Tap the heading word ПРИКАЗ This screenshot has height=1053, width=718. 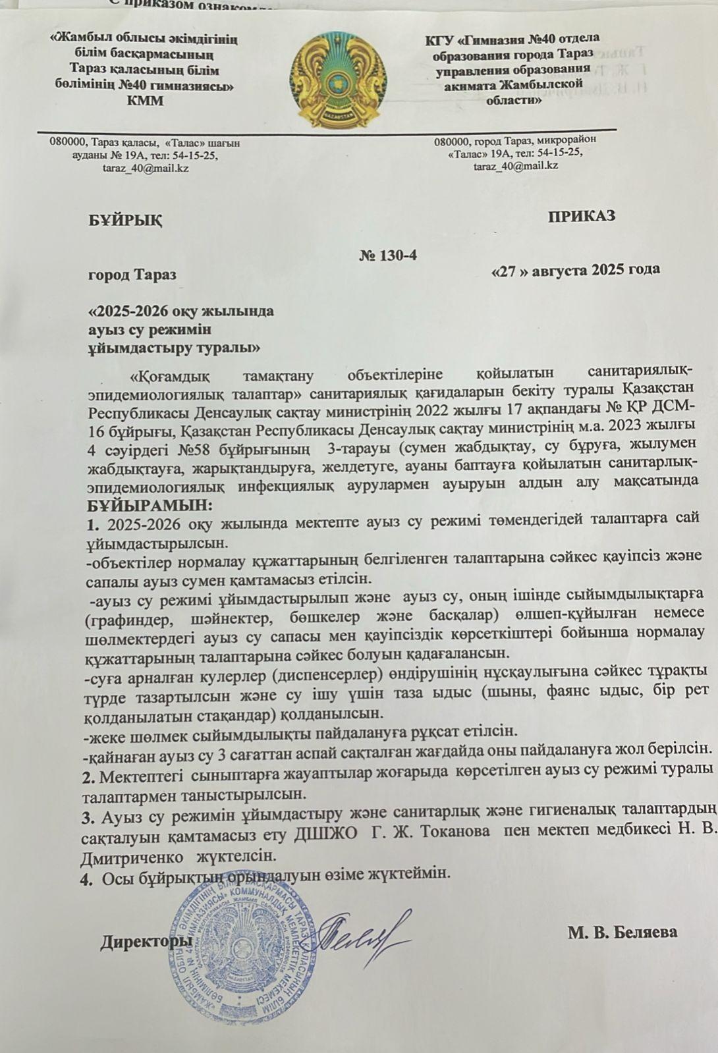582,215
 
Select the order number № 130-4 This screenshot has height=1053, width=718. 389,256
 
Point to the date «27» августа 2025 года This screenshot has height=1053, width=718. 576,269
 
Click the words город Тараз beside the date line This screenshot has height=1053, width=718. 132,274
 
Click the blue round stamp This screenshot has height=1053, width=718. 244,948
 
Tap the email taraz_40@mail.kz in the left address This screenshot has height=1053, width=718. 146,168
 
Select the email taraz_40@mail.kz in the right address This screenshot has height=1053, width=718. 516,165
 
